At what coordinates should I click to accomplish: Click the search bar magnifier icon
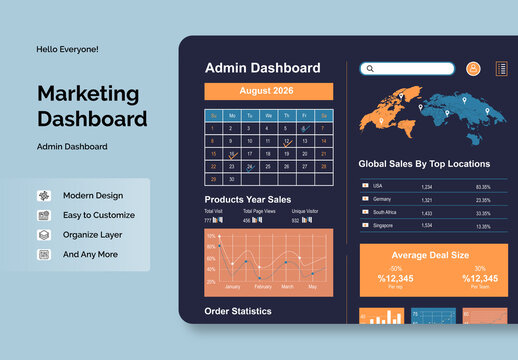tap(370, 69)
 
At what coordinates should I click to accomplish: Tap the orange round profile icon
tap(474, 68)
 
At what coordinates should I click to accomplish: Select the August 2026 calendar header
tap(268, 91)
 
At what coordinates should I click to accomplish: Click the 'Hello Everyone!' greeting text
tap(68, 49)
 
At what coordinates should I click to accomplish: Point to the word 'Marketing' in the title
tap(88, 94)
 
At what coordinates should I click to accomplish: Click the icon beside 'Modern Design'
tap(44, 196)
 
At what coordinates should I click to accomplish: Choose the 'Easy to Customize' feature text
tap(99, 215)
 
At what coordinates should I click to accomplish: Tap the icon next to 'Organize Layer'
tap(44, 235)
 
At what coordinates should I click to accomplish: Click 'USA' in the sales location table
tap(377, 186)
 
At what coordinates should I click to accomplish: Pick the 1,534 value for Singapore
tap(426, 226)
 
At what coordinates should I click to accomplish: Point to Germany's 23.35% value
tap(483, 200)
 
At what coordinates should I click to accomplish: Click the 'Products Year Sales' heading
tap(248, 199)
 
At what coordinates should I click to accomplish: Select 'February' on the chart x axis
tap(262, 287)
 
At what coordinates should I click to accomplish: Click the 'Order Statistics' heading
tap(238, 311)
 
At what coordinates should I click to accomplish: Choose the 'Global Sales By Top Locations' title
tap(424, 163)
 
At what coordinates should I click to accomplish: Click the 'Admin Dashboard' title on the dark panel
tap(262, 68)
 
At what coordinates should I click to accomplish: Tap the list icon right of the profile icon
tap(501, 68)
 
